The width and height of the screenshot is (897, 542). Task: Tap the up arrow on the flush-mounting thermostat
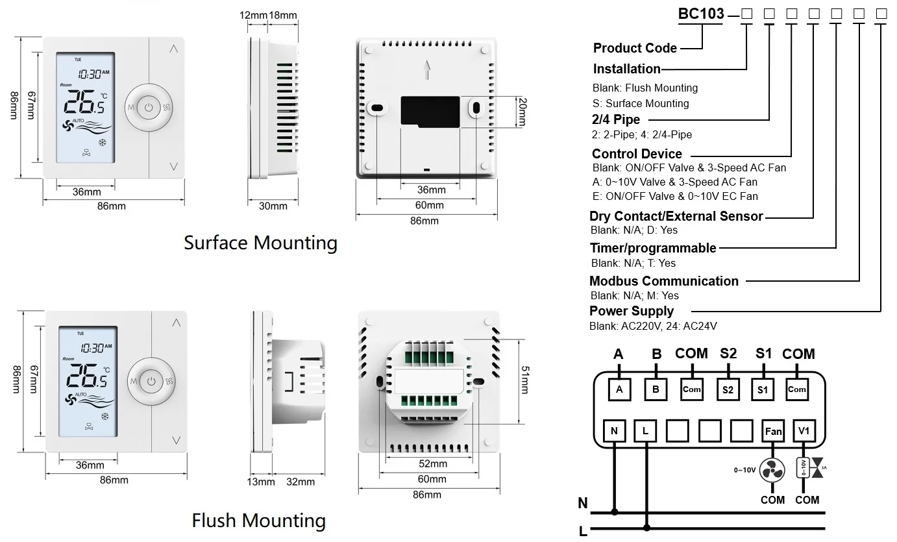click(x=176, y=323)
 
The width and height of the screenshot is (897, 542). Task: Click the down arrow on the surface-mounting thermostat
click(x=173, y=166)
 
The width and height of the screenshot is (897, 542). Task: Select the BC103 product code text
click(x=700, y=14)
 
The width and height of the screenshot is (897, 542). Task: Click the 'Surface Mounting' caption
click(x=260, y=243)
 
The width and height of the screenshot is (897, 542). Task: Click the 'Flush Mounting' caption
click(x=258, y=521)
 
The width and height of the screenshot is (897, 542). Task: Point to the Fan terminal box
click(x=773, y=431)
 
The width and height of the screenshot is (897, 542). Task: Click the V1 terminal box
click(x=804, y=431)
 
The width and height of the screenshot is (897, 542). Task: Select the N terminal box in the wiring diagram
click(x=613, y=431)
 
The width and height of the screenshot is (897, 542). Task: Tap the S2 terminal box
click(x=728, y=389)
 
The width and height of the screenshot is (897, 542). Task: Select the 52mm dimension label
click(x=432, y=464)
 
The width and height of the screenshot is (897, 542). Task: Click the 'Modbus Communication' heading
click(x=663, y=281)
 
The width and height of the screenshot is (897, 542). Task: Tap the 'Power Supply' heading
click(x=632, y=311)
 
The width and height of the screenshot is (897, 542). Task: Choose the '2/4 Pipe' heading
click(x=615, y=119)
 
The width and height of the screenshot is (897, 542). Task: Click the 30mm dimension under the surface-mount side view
click(x=273, y=206)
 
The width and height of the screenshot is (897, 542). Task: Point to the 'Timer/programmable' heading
click(x=652, y=248)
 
